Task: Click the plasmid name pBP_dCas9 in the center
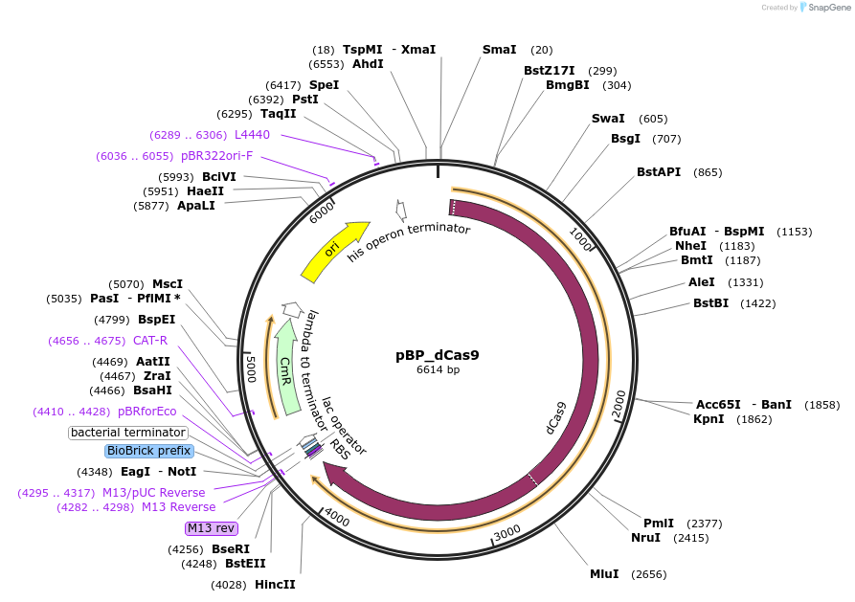click(x=437, y=355)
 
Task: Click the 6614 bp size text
click(x=437, y=369)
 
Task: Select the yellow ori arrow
click(x=334, y=251)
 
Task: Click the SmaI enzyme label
click(x=499, y=50)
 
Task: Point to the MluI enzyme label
click(x=604, y=574)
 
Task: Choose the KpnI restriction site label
click(x=709, y=419)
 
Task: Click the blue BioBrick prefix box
click(x=148, y=451)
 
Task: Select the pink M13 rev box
click(x=212, y=528)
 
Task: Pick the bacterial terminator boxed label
click(x=128, y=433)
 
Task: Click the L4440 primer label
click(x=252, y=135)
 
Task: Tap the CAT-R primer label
click(x=150, y=340)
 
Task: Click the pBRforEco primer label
click(x=146, y=412)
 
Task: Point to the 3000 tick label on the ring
click(x=506, y=531)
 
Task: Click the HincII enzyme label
click(x=275, y=584)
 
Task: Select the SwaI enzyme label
click(x=608, y=119)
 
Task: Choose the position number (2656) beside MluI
click(x=647, y=574)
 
